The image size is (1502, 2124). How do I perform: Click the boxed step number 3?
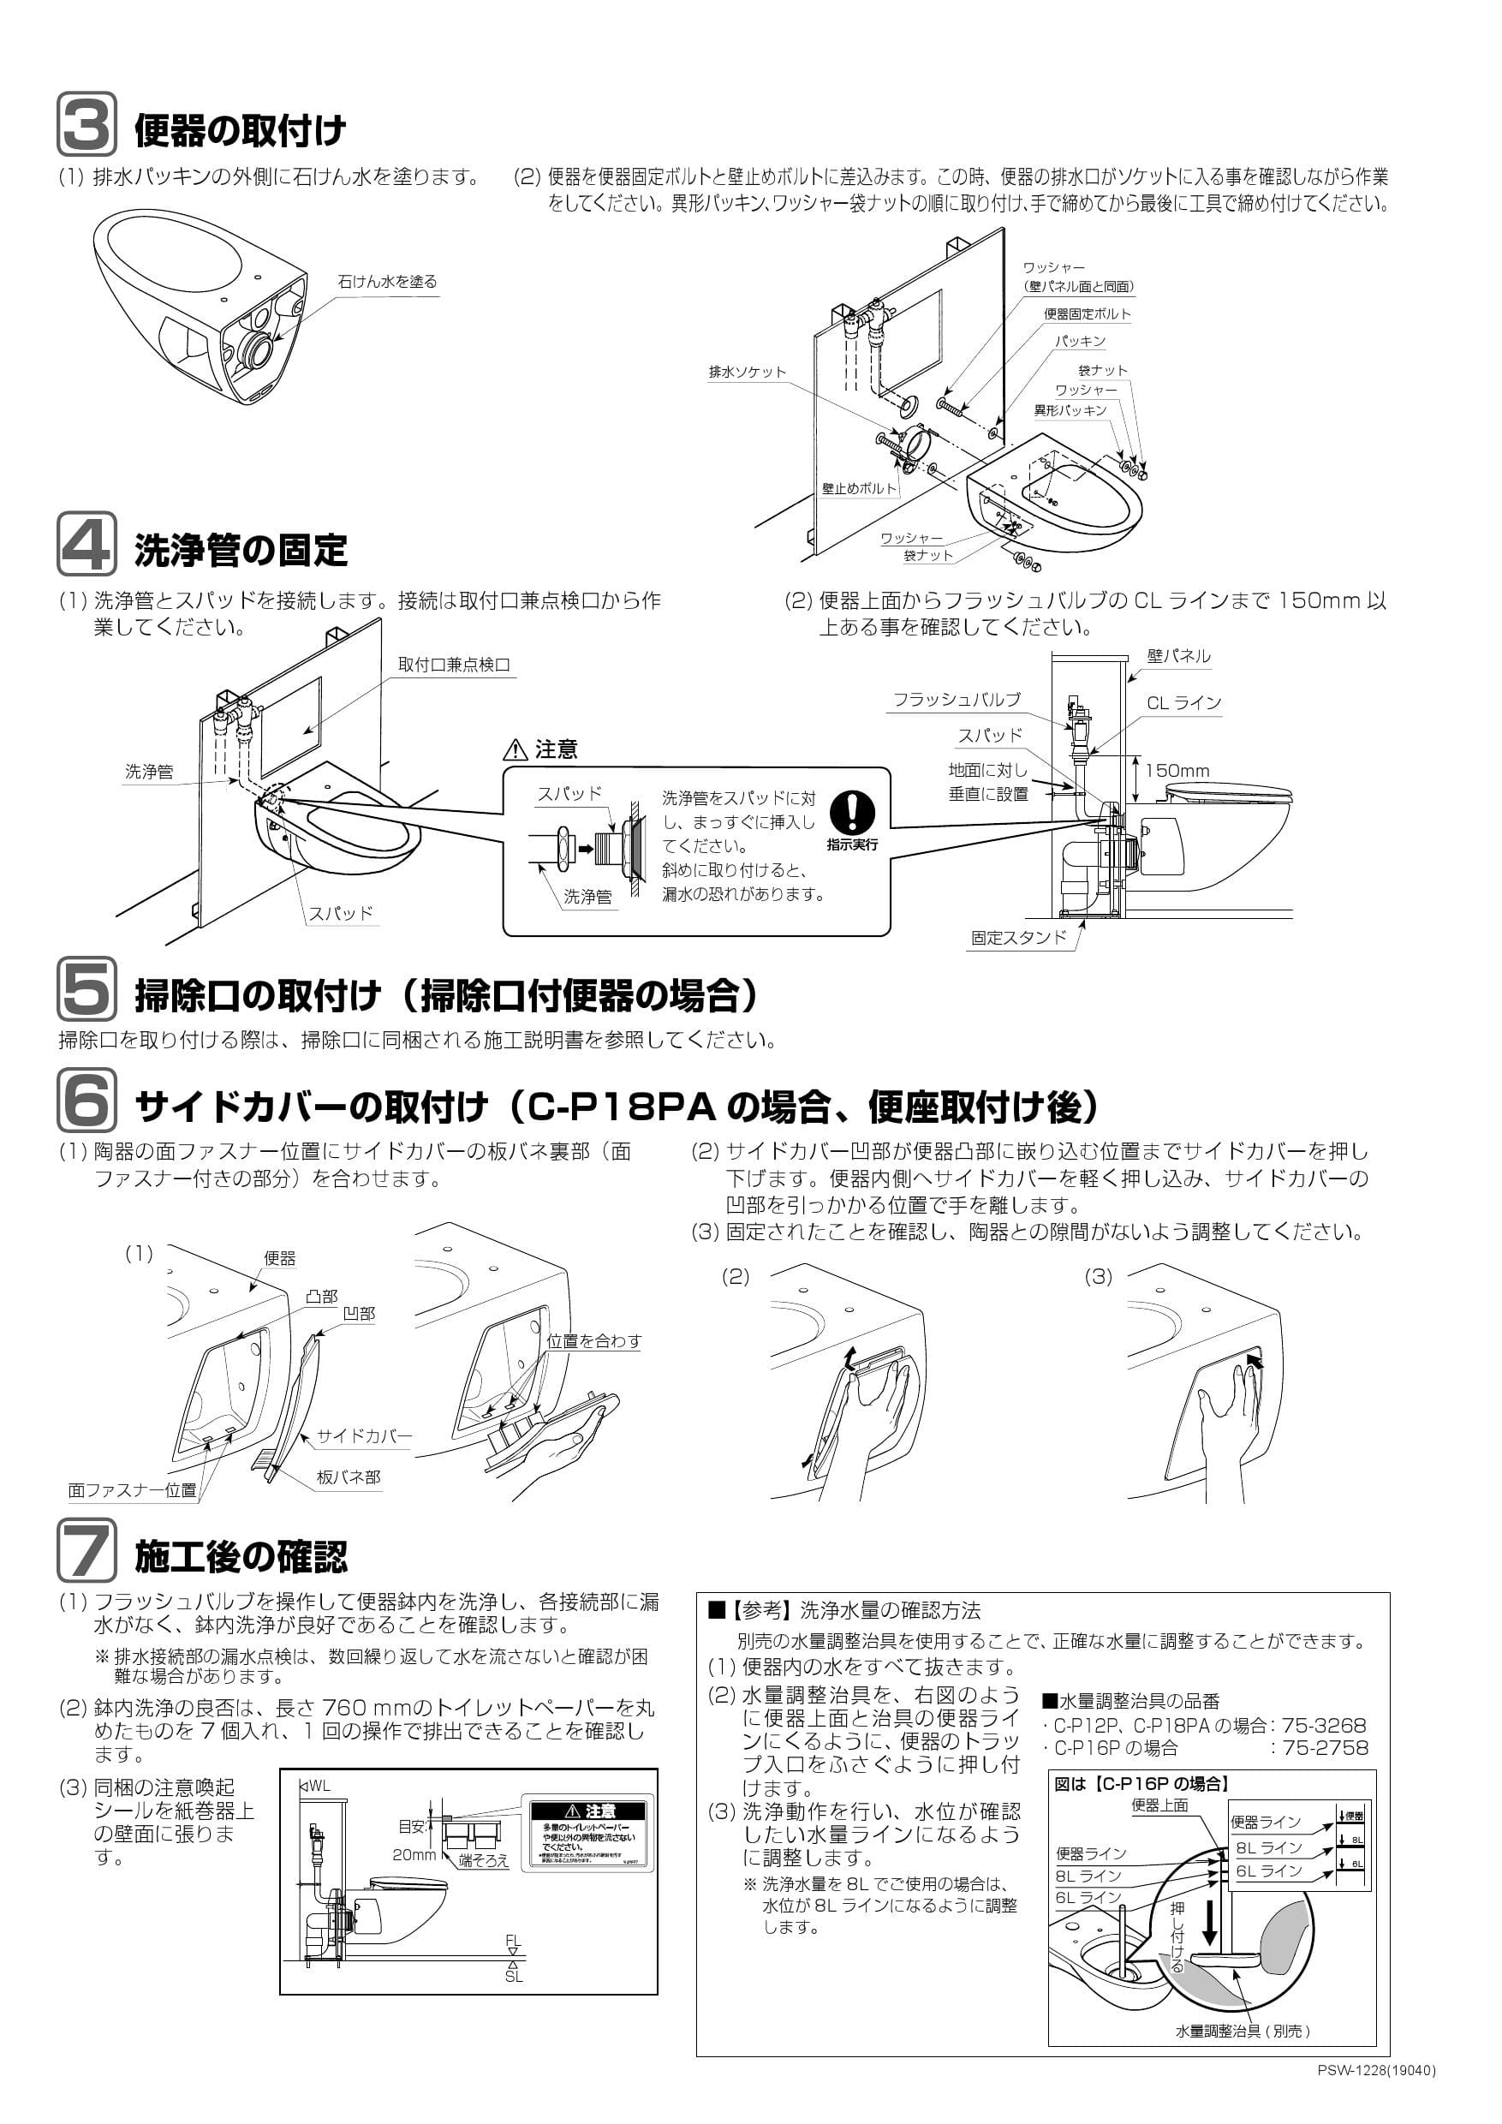(87, 124)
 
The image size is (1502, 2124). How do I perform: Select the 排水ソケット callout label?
(747, 372)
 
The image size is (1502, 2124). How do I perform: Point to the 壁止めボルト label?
(859, 487)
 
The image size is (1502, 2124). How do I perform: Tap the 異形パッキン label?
(1070, 410)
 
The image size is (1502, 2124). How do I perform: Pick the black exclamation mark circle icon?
(852, 811)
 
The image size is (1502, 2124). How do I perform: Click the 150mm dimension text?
(1177, 771)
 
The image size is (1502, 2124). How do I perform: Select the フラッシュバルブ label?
(957, 700)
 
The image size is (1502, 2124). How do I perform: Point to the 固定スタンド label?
(1018, 937)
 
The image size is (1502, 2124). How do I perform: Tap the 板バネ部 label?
(349, 1477)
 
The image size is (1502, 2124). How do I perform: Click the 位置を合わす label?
(593, 1340)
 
